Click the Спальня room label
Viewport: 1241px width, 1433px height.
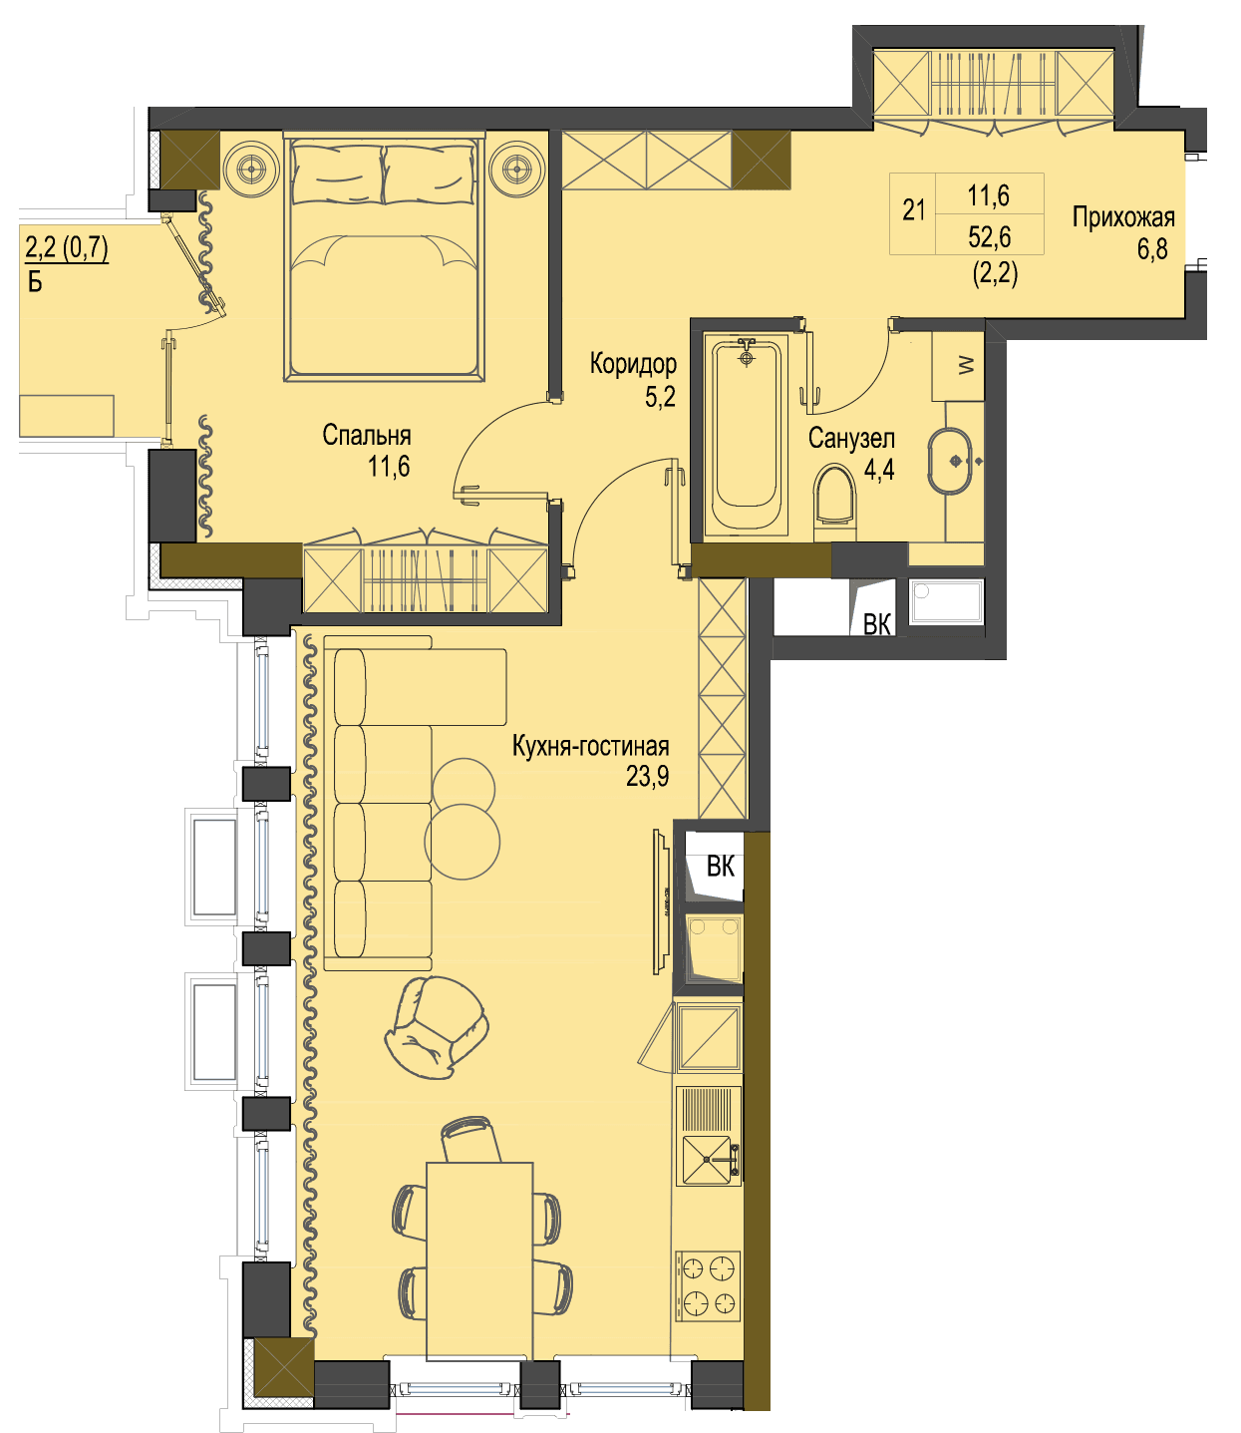[367, 436]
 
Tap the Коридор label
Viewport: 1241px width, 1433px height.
[633, 363]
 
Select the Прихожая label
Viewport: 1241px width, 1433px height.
[1123, 217]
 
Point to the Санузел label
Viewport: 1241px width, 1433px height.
[851, 438]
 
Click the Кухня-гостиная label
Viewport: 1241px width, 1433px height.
[590, 746]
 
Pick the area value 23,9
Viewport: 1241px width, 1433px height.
[647, 776]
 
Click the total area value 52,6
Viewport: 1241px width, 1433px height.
[990, 237]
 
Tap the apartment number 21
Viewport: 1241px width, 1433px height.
[913, 209]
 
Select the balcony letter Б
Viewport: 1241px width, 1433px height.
[35, 282]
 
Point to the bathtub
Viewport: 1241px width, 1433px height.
[747, 436]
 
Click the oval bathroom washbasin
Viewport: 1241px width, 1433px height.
[951, 461]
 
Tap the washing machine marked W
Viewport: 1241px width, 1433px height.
[958, 366]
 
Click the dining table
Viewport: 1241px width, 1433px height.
[479, 1263]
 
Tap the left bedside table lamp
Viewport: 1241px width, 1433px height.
[251, 168]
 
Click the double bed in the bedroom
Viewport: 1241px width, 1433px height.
[384, 256]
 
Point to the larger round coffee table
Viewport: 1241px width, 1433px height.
[463, 842]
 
